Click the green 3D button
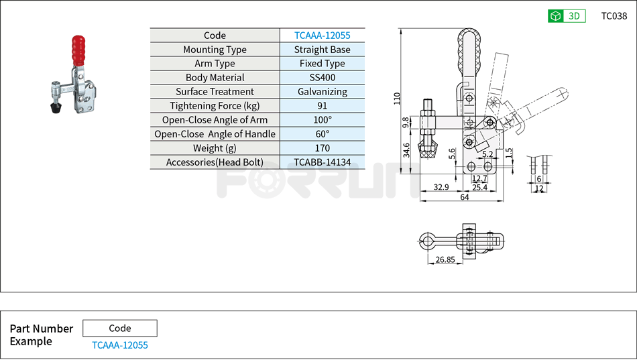click(567, 16)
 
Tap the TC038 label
click(614, 16)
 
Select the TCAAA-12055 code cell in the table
click(322, 36)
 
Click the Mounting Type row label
click(215, 50)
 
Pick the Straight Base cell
click(322, 50)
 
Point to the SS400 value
click(322, 78)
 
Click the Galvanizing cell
click(322, 92)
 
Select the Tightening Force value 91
click(322, 106)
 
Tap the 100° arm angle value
click(322, 120)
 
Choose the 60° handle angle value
click(322, 134)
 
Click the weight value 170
click(322, 148)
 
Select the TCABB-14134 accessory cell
click(322, 162)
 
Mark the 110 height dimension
click(397, 99)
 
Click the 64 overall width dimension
click(464, 196)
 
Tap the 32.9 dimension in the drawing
click(441, 188)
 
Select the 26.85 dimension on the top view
click(445, 259)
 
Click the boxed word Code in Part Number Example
click(120, 328)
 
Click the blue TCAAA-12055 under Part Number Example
click(120, 345)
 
